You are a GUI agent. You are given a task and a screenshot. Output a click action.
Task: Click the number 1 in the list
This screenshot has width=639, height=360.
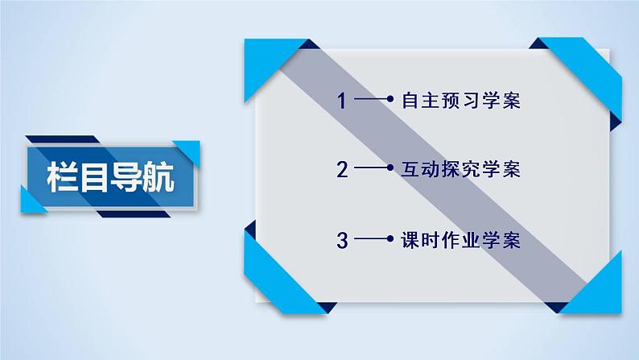click(x=343, y=101)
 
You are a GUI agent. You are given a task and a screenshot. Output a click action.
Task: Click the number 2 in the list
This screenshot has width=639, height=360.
click(x=343, y=170)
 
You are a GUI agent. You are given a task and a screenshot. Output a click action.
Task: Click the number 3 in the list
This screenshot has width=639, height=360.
click(x=343, y=240)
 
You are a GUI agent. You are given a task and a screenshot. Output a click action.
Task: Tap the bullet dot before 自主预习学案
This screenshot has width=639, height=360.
click(x=390, y=101)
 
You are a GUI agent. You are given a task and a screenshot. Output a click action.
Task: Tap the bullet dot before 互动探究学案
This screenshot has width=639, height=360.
click(x=390, y=170)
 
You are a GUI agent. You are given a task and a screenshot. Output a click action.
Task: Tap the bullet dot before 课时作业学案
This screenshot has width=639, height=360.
click(x=390, y=240)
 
